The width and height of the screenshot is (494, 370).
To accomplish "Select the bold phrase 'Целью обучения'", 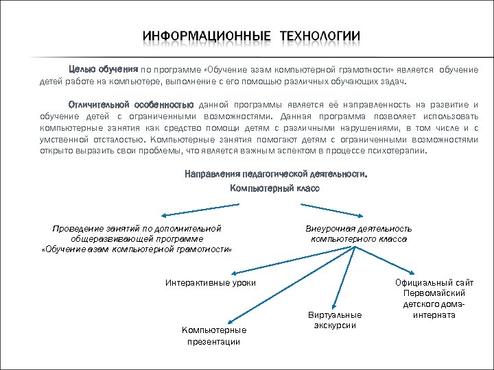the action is (104, 69).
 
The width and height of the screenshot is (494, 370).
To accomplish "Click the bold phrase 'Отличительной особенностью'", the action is (131, 105).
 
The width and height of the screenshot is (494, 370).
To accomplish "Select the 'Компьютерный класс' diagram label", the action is (274, 188).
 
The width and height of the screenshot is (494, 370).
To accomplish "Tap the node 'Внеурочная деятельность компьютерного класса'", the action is (358, 234).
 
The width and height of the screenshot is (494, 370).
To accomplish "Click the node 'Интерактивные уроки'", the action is (211, 282).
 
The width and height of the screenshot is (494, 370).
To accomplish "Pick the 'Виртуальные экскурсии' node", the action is (335, 319).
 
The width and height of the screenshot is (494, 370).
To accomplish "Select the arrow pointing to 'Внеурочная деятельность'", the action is (343, 207).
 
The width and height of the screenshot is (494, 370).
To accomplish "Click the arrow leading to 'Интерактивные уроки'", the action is (302, 260).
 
